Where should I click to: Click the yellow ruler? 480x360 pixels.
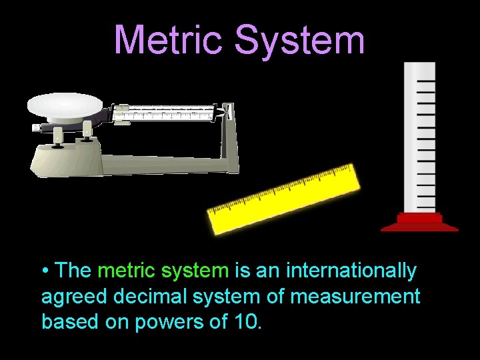tap(284, 199)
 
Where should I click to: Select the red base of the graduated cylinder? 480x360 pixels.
tap(419, 222)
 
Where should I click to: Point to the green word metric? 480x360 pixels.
tap(126, 271)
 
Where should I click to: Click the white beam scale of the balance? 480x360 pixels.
tap(167, 113)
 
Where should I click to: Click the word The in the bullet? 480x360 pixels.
tap(74, 271)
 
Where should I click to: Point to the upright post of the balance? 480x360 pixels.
tap(230, 140)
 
